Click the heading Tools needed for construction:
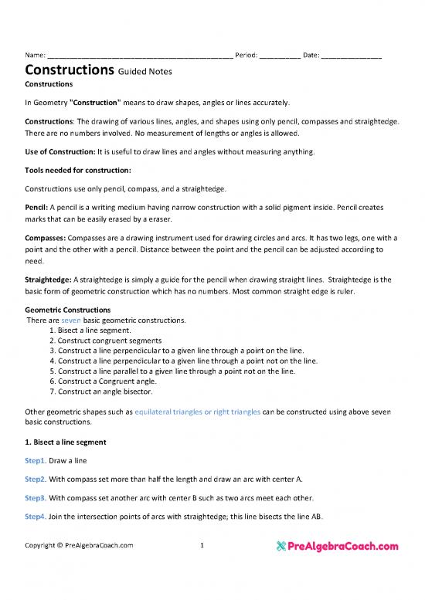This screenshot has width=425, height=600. pyautogui.click(x=78, y=169)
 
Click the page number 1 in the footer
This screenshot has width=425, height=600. pyautogui.click(x=202, y=545)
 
